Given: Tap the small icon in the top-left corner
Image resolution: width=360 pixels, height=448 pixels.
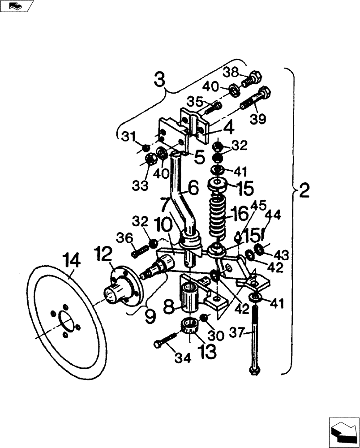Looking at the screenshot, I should pos(17,6).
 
